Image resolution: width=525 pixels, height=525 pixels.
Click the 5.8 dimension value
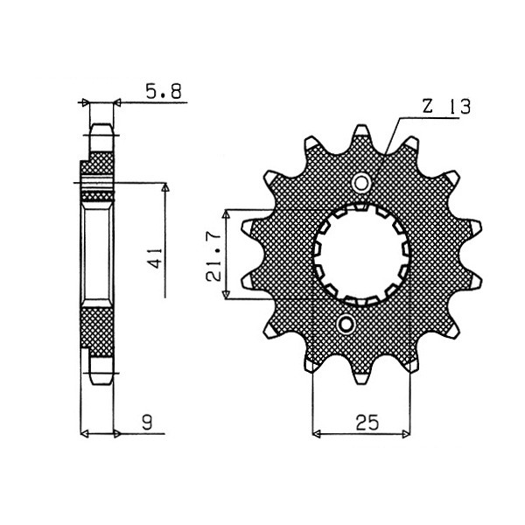tap(164, 91)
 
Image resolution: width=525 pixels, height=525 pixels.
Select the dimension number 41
tap(156, 258)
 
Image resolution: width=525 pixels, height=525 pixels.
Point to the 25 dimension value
tap(367, 423)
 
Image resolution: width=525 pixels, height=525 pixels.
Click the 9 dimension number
tap(147, 423)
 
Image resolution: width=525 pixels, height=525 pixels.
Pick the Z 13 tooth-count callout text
tap(446, 107)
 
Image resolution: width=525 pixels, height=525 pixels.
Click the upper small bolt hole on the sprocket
tap(360, 183)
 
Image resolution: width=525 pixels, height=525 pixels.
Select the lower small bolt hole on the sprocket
tap(346, 324)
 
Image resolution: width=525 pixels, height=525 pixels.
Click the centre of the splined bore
tap(361, 255)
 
